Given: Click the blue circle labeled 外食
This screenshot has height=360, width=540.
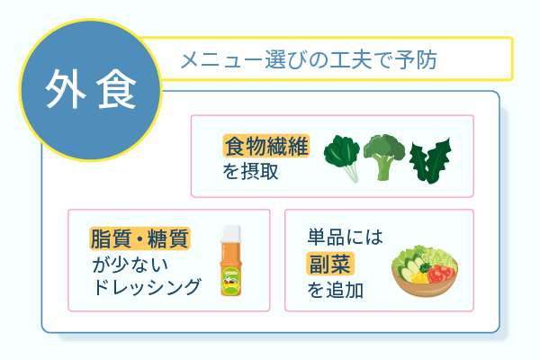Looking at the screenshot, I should [90, 89].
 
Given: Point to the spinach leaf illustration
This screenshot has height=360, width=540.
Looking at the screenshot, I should [341, 157].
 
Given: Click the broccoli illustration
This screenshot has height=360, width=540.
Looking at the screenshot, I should [385, 157].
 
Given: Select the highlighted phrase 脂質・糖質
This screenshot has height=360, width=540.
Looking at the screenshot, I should [139, 238].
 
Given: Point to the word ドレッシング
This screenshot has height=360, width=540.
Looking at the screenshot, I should [147, 287].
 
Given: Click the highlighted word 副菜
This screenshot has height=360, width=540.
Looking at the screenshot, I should [330, 263].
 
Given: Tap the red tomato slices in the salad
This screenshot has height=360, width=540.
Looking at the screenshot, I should [442, 271].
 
